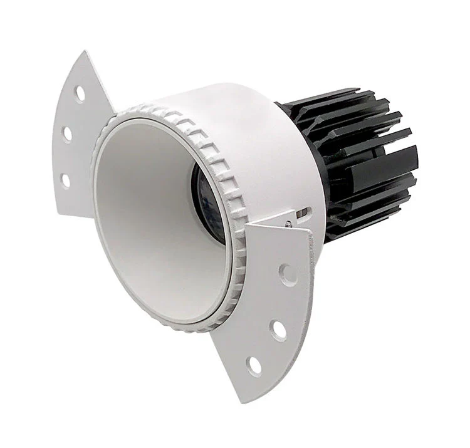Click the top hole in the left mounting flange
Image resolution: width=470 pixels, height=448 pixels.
pyautogui.click(x=80, y=93)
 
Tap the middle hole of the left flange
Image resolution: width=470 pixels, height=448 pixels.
pyautogui.click(x=66, y=133)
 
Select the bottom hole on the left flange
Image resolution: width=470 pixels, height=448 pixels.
pyautogui.click(x=65, y=180)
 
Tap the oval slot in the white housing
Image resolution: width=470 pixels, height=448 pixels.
pyautogui.click(x=304, y=214)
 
